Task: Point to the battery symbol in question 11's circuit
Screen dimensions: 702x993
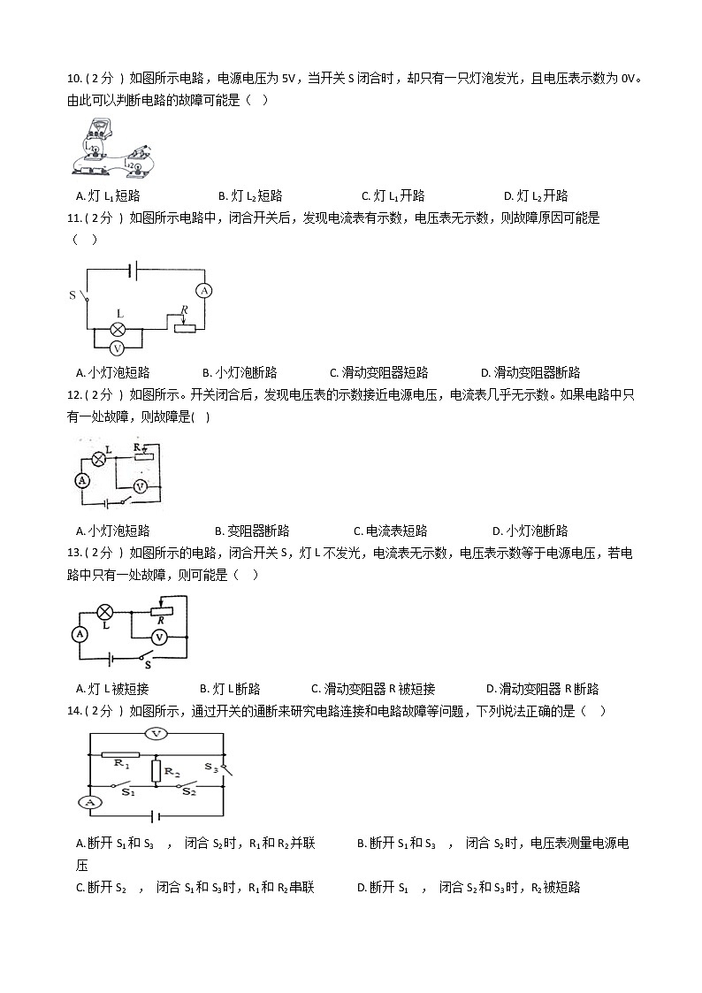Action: tap(134, 268)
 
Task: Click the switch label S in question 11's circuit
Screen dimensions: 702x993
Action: tap(72, 294)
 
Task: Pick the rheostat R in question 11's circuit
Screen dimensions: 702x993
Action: tap(184, 328)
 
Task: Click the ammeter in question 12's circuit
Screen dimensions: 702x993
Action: tap(82, 480)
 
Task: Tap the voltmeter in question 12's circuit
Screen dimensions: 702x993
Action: tap(139, 486)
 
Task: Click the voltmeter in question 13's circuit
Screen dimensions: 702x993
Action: tap(159, 636)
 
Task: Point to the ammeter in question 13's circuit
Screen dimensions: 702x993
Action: tap(79, 634)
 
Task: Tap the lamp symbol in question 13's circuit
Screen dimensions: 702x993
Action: tap(104, 611)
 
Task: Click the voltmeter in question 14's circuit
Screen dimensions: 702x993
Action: tap(156, 733)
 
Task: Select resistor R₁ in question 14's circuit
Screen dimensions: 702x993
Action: tap(120, 755)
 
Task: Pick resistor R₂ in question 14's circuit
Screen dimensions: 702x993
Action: tap(156, 770)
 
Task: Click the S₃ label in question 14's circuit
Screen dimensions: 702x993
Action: tap(210, 768)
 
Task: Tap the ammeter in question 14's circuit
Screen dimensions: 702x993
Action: tap(88, 802)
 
